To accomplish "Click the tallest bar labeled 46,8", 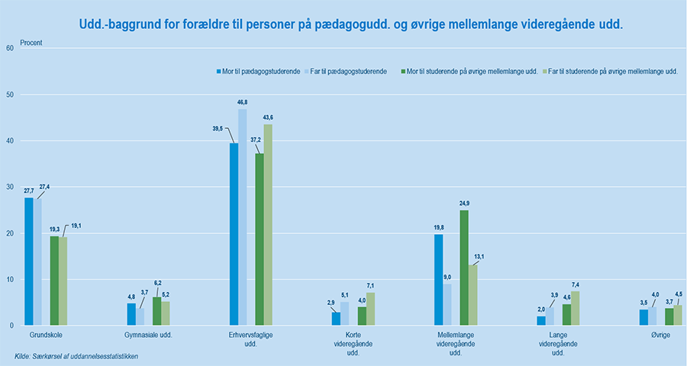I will (x=243, y=217).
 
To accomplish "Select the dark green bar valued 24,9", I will (x=464, y=268).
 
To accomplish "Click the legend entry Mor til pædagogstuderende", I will (x=256, y=71).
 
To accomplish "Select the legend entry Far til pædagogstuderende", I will (x=344, y=71).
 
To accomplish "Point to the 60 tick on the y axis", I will (x=10, y=48).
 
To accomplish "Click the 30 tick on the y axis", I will (x=10, y=187).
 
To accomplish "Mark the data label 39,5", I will (x=218, y=129).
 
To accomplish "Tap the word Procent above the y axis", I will (x=31, y=43).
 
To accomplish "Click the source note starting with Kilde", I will (x=76, y=356).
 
